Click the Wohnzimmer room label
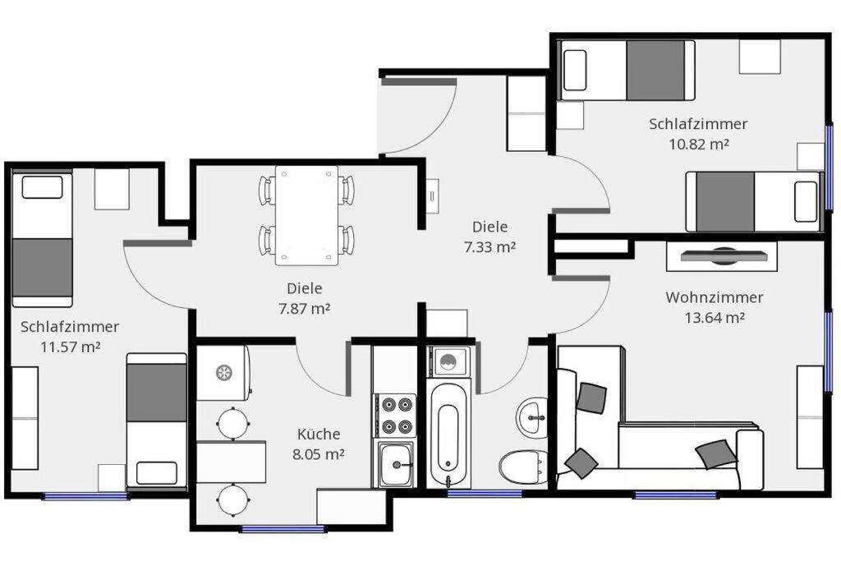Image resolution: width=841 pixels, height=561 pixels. point(714,297)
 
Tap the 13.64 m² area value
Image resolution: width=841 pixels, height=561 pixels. point(715,318)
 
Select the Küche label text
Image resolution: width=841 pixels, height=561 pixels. point(319,434)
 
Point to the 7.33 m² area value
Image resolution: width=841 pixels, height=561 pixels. point(489,247)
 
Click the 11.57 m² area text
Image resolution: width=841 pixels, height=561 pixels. point(71,347)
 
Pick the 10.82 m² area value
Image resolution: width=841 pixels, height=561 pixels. point(699,145)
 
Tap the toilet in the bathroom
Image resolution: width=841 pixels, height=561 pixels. point(523,467)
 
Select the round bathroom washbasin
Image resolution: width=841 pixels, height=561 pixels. point(532,417)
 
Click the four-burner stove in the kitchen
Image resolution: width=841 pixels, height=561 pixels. point(395,415)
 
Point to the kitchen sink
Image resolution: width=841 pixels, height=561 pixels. point(396,464)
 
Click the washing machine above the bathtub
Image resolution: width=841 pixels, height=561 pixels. point(448,361)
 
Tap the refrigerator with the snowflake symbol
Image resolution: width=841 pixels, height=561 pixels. point(223,372)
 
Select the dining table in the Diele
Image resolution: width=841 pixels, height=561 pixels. point(307,215)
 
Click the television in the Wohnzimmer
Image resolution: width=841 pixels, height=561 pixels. point(722,255)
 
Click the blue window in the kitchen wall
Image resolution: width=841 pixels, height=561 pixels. point(283,529)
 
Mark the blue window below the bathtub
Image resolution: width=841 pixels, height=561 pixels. point(485,494)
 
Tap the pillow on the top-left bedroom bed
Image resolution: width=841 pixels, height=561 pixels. point(42,186)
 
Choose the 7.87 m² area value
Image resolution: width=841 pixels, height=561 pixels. point(304,309)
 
